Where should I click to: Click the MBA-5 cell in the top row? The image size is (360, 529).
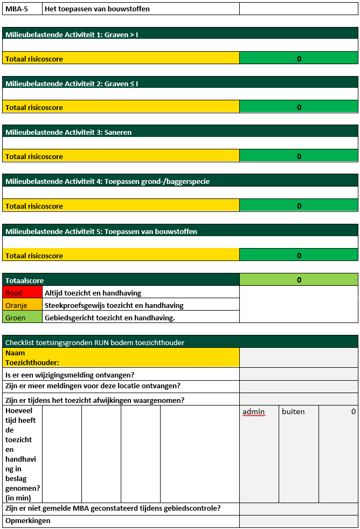tap(22, 9)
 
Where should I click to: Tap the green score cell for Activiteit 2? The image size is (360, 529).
tap(299, 107)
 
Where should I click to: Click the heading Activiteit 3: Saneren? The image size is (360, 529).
tap(68, 132)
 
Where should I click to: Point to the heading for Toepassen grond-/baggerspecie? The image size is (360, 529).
tap(107, 181)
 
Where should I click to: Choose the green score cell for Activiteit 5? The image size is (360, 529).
tap(299, 256)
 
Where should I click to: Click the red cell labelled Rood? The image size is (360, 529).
tap(22, 293)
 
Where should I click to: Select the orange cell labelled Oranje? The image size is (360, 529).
tap(22, 305)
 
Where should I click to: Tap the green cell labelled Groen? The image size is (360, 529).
tap(22, 318)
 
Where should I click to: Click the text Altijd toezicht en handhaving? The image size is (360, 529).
tap(93, 293)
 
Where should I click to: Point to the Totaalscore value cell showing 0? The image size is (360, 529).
tap(299, 280)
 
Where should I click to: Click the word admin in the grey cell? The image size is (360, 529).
tap(254, 412)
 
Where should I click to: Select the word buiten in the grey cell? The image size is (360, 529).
tap(293, 412)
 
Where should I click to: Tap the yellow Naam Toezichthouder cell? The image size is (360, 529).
tap(121, 358)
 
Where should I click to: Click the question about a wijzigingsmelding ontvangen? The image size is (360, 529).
tap(70, 375)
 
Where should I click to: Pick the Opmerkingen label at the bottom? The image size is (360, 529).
tap(27, 521)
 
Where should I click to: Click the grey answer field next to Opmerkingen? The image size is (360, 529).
tap(299, 521)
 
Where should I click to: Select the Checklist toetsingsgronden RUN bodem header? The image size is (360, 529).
tap(95, 342)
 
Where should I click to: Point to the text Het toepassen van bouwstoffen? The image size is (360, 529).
tap(97, 9)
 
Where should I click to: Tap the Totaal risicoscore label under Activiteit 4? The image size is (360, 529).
tap(34, 206)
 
